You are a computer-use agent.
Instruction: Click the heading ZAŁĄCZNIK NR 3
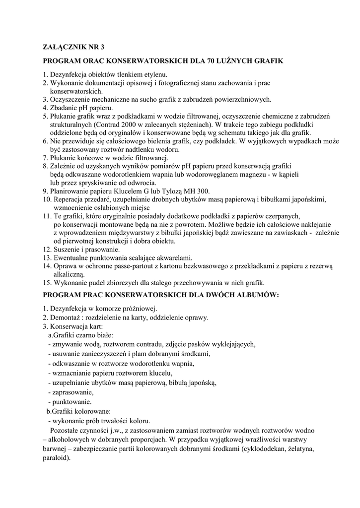point(73,48)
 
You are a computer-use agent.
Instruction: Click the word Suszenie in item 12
point(68,250)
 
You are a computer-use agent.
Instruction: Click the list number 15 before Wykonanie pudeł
point(46,283)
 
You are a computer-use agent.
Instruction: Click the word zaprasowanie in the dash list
point(72,392)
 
